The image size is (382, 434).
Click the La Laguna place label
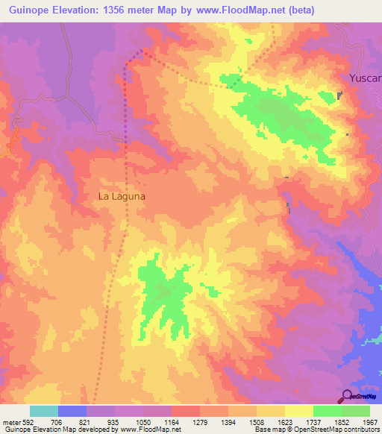click(x=122, y=197)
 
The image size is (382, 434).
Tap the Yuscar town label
click(x=366, y=78)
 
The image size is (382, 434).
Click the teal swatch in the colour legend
click(x=44, y=411)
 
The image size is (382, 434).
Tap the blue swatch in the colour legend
click(x=72, y=411)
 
